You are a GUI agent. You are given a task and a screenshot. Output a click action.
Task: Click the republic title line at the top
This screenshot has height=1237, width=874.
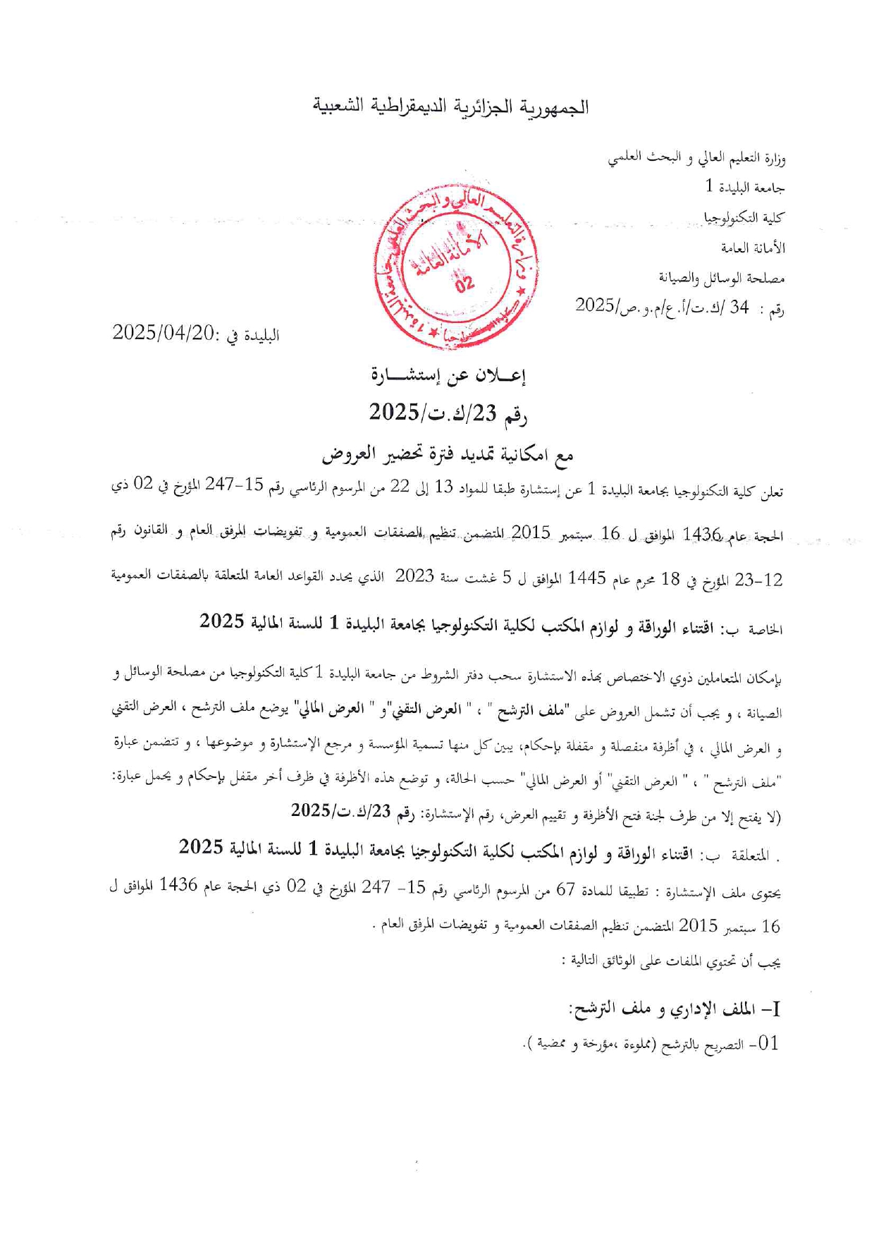coord(451,106)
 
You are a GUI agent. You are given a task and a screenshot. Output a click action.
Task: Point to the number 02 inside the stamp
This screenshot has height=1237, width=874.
coord(464,284)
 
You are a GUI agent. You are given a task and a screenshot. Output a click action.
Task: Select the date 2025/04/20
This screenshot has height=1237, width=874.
coord(163,333)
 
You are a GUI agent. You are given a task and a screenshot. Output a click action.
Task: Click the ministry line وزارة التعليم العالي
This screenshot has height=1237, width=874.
coord(696,159)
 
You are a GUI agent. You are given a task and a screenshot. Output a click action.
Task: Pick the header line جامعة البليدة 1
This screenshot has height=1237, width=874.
coord(744,188)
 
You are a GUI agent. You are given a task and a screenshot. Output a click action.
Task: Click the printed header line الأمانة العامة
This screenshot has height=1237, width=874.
coord(752,248)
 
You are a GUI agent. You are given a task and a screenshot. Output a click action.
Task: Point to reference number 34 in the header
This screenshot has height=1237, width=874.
coord(739,307)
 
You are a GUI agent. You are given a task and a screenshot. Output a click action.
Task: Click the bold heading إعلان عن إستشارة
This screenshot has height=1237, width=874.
coord(448,376)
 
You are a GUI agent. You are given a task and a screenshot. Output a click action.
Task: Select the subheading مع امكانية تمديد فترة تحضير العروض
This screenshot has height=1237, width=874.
coord(448,455)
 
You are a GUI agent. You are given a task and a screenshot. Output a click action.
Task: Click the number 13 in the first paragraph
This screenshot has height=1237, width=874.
coord(443,489)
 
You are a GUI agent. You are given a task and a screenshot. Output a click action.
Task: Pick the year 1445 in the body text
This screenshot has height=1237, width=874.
coord(587,580)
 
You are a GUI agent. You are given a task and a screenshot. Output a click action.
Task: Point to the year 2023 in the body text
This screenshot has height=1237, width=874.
coord(414,578)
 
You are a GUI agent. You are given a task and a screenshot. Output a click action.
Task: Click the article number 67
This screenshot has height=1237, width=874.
coord(566,890)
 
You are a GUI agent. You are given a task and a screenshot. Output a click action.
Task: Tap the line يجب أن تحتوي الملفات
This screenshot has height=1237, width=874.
coord(675,961)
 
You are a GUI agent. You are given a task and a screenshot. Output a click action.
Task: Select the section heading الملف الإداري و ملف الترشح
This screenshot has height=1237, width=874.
coord(675,1010)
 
